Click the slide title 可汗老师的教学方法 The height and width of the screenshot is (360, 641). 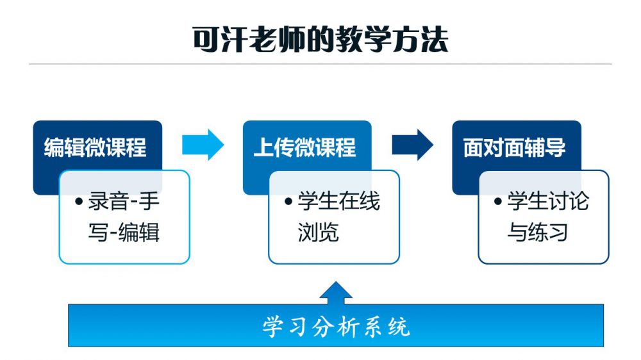coord(320,39)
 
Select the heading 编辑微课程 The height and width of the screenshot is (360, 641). coord(95,147)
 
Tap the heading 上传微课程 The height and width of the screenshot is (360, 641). coord(304,147)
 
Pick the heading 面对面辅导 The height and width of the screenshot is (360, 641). coord(514,147)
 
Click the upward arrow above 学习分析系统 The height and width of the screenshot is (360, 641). coord(335,293)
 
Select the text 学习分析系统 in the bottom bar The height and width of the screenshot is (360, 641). coord(335,327)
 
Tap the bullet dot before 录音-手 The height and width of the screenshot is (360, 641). coord(79,202)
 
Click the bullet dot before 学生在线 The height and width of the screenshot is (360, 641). coord(288,202)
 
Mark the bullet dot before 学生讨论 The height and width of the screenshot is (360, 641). coord(498,202)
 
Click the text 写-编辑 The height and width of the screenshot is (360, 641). coord(124,232)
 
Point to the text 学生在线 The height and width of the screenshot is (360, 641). coord(338,202)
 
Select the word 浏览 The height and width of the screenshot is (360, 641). coord(318,232)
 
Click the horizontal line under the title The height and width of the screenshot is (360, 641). coord(320,64)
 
